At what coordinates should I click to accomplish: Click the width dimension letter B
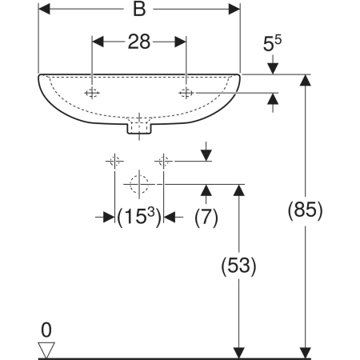[x=139, y=10]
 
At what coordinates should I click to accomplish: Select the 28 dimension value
[x=139, y=42]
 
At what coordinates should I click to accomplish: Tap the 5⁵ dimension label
[x=272, y=43]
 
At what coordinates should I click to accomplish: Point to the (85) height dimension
[x=305, y=210]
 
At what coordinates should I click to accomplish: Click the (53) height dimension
[x=238, y=266]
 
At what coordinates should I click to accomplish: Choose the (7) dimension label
[x=206, y=218]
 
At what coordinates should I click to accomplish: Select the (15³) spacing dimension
[x=139, y=217]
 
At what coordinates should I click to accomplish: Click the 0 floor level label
[x=46, y=330]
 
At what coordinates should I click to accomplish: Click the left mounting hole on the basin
[x=92, y=93]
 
